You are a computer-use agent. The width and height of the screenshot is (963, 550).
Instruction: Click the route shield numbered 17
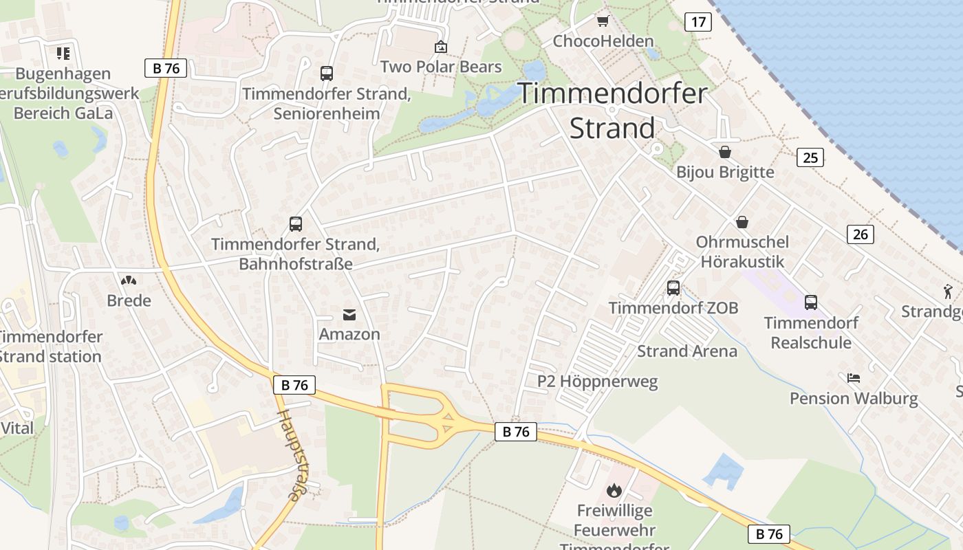[698, 22]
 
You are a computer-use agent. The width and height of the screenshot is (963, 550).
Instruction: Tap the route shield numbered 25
[810, 157]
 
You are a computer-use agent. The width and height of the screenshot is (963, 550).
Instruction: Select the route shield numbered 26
[860, 234]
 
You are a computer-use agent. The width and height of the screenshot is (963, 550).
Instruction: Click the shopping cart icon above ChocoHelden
[603, 21]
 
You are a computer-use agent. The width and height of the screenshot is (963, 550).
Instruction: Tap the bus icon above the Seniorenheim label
[327, 74]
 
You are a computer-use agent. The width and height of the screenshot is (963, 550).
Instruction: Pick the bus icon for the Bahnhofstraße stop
[296, 224]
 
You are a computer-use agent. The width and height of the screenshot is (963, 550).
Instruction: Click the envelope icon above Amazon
[349, 315]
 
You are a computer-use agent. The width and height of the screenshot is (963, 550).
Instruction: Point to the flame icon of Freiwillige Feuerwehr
[614, 490]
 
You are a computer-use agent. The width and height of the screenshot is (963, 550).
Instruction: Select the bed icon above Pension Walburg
[854, 378]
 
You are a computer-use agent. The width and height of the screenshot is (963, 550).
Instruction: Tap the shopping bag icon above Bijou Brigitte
[725, 152]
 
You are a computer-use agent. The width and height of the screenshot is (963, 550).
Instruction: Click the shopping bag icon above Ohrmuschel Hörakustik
[742, 222]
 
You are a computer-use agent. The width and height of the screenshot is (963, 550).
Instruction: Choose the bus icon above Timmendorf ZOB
[673, 288]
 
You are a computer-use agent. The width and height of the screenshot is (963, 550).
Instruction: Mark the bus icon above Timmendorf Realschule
[811, 302]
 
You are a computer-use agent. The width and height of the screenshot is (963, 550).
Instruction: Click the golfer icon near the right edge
[949, 291]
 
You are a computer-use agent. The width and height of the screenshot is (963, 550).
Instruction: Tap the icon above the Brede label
[128, 280]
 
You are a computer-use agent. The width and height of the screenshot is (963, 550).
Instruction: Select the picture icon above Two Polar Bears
[441, 47]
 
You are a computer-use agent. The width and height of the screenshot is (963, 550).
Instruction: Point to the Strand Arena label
[686, 351]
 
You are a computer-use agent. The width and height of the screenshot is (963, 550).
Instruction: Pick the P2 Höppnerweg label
[597, 382]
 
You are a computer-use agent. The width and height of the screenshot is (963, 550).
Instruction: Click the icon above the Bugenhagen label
[63, 54]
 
